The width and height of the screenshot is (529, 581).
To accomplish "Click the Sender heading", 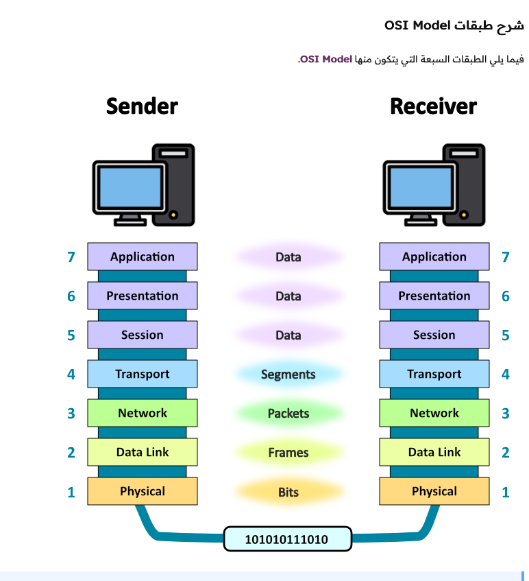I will [142, 106].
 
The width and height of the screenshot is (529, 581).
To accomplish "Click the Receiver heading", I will [433, 106].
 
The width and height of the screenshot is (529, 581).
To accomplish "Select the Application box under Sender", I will [143, 257].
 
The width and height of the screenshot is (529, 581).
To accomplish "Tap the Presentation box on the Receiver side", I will [434, 296].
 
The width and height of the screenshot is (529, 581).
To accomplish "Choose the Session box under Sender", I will [143, 335].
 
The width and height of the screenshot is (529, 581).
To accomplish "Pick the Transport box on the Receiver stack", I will [434, 374].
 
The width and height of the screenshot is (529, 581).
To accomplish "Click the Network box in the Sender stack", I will [143, 413].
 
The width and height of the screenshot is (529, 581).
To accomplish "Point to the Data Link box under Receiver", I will [434, 452].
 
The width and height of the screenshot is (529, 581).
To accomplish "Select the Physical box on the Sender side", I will [143, 491].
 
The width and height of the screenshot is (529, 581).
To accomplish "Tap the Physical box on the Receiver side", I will [434, 491].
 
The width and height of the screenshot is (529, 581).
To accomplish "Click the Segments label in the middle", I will [288, 375].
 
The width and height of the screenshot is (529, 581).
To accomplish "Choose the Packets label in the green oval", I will [288, 414].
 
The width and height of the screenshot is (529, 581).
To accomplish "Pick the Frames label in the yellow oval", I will [288, 453].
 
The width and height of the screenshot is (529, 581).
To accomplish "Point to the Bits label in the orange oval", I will [288, 493].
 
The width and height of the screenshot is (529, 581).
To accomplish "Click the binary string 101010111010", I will [287, 539].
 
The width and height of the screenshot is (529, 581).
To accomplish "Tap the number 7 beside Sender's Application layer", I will [71, 257].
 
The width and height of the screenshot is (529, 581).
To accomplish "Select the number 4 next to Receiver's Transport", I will [506, 375].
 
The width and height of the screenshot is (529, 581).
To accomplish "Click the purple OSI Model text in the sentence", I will [326, 60].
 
